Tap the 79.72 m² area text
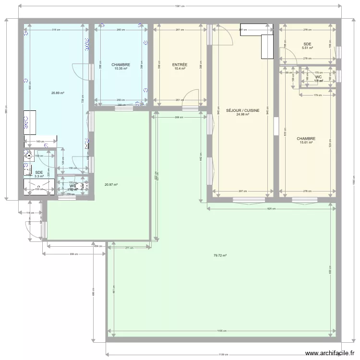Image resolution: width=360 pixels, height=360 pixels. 219,255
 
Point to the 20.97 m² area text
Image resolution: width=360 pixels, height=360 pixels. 111,184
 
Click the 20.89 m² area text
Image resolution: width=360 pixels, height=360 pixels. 58,93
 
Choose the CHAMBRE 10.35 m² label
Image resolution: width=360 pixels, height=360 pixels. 120,66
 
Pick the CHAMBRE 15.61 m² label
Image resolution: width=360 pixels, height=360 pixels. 306,140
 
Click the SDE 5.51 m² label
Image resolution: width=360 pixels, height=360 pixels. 307,46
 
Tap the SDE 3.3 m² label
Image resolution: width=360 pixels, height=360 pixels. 39,174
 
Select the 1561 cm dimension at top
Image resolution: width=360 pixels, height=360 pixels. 180,6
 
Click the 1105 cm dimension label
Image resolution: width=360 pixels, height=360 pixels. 221,331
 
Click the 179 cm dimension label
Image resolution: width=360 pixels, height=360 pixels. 317,95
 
